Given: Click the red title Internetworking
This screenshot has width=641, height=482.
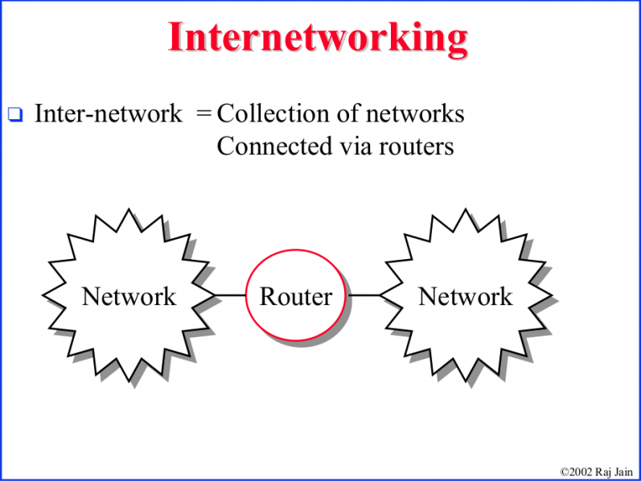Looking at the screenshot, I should (x=318, y=37).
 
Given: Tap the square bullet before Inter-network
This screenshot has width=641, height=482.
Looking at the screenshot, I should (x=14, y=115).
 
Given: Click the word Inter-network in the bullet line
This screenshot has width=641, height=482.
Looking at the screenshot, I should (x=108, y=113).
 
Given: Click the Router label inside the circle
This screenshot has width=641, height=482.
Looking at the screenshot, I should (x=295, y=296).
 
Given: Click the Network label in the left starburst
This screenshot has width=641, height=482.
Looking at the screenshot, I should (x=129, y=296).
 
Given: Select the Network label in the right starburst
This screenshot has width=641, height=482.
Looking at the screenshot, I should (x=465, y=296).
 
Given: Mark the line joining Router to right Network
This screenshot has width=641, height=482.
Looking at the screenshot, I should (x=365, y=295).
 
